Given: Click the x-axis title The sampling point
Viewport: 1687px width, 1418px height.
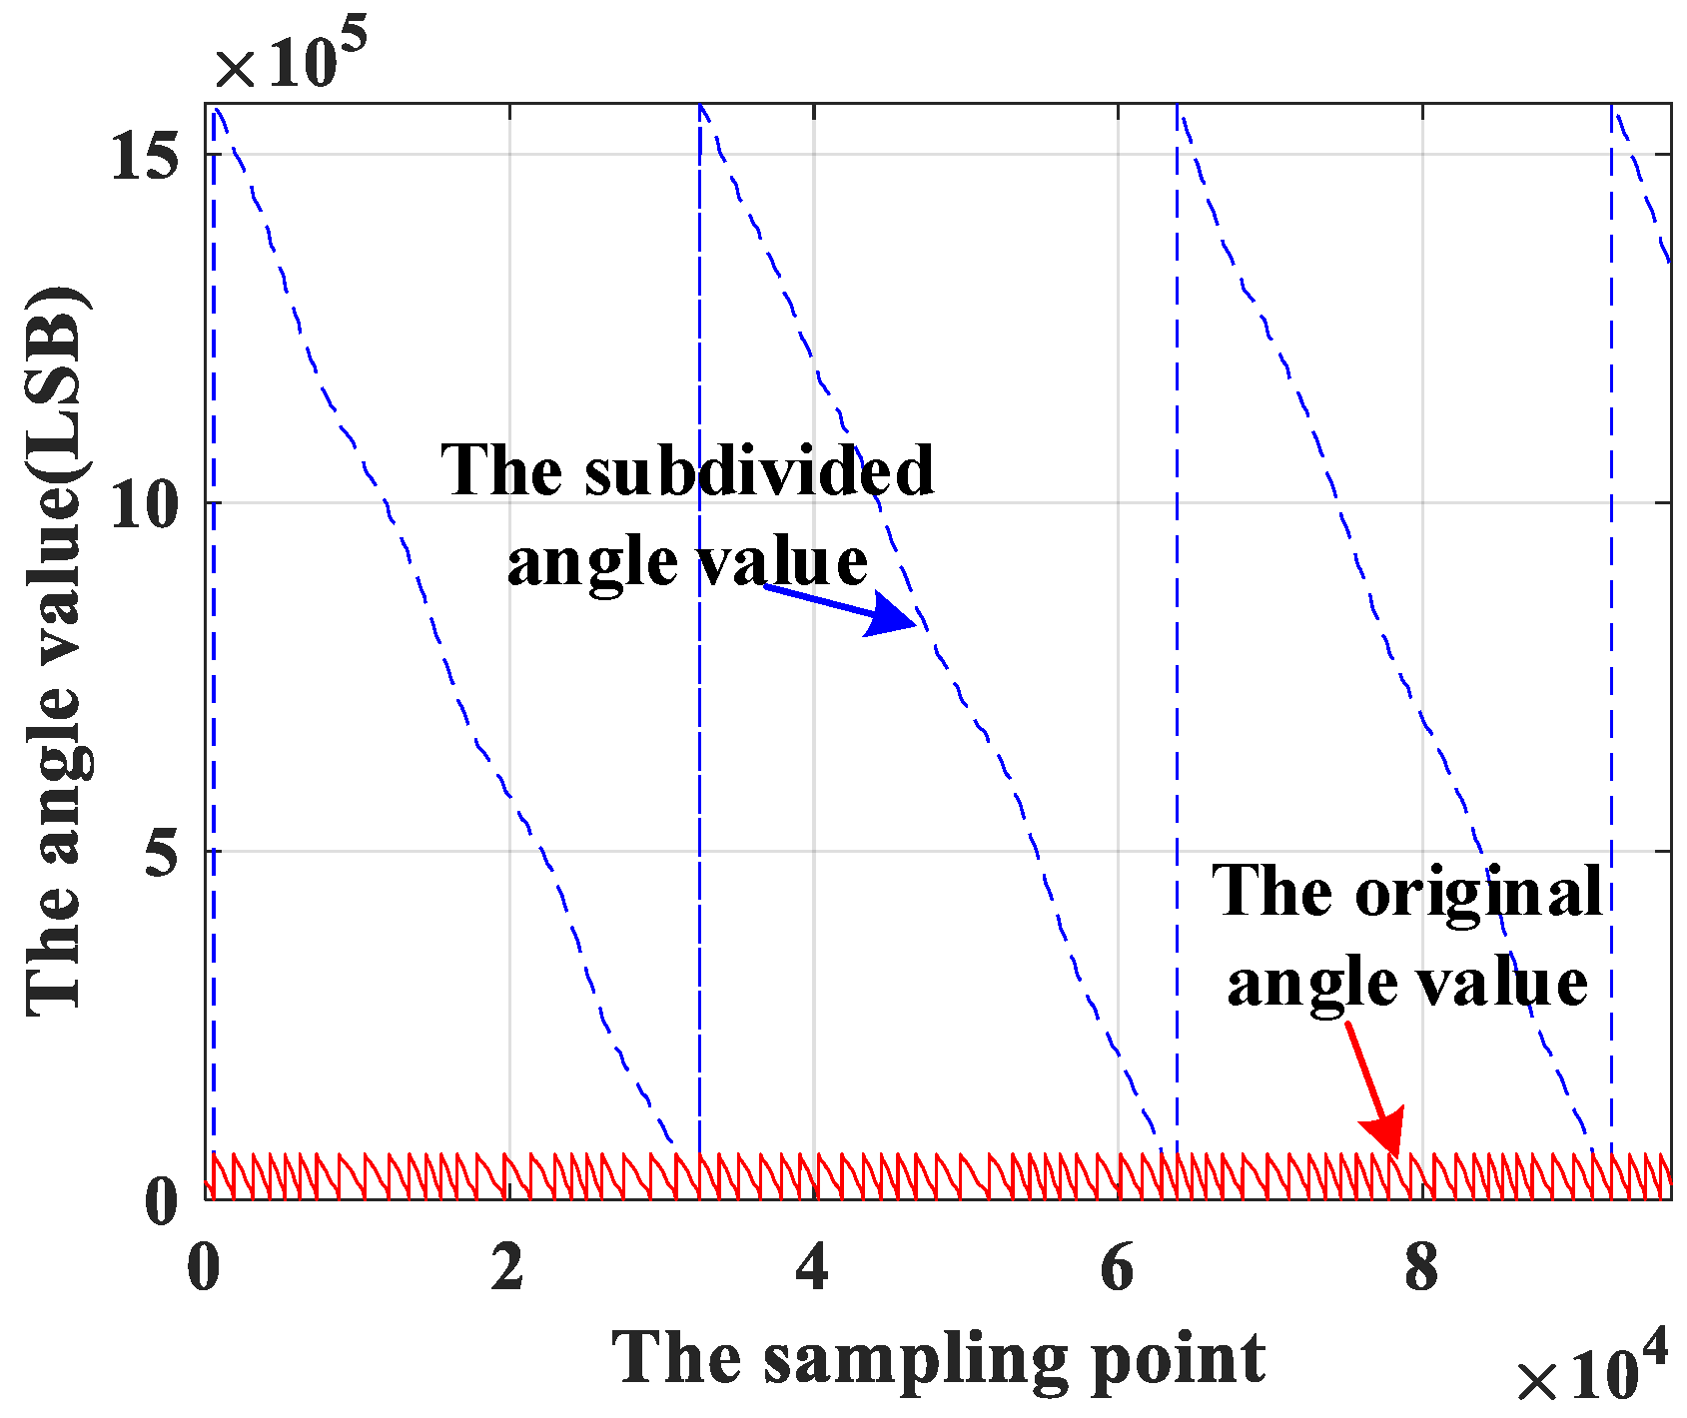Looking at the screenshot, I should (x=939, y=1358).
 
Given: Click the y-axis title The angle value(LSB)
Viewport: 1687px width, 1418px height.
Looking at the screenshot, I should (x=58, y=649).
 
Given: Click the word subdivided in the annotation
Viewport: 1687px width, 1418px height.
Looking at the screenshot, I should (x=759, y=470).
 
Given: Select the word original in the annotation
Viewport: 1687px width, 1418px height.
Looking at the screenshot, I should (x=1478, y=891).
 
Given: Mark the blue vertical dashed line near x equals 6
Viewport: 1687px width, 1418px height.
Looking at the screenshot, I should (x=1177, y=599).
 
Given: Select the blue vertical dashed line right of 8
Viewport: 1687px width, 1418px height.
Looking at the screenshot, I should (x=1611, y=599).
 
